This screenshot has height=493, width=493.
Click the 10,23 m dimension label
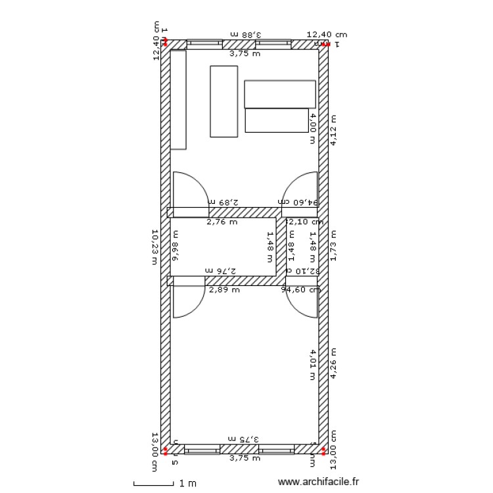point(155,246)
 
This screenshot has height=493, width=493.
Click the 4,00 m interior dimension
point(313,128)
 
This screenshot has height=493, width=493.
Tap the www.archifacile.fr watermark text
point(319,482)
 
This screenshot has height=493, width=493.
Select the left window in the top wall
point(204,44)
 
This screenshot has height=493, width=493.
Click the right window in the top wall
point(273,44)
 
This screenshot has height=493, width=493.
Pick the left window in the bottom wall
point(202,449)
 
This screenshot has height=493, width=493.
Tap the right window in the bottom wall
point(276,449)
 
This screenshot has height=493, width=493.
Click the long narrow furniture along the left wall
point(178,99)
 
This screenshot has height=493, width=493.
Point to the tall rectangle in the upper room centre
point(223,101)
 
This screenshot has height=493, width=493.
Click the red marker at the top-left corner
point(166,44)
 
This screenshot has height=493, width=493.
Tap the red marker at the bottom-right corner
point(323,450)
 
